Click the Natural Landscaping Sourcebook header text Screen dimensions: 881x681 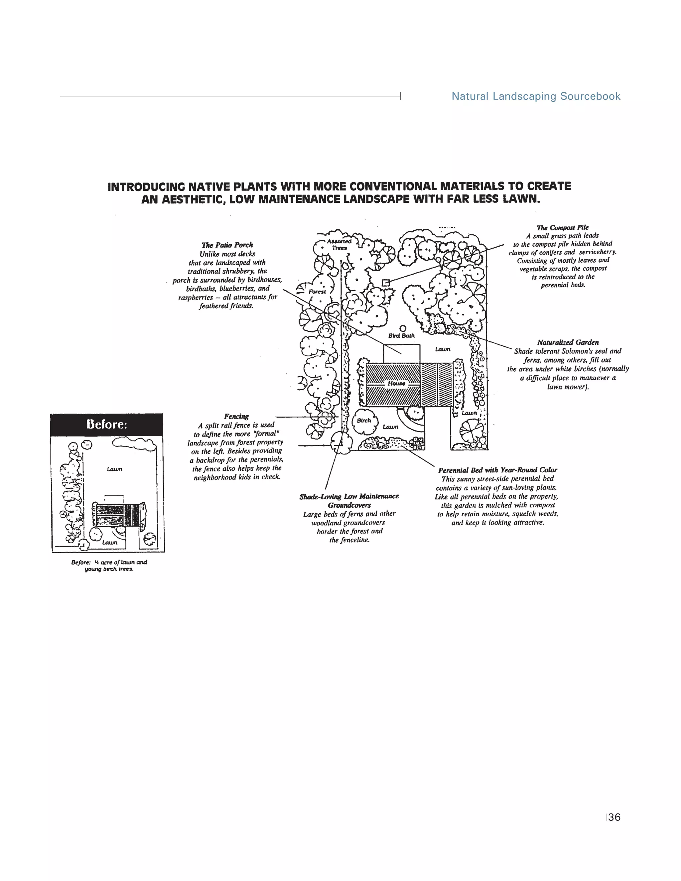(535, 96)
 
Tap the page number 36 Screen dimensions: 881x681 (614, 817)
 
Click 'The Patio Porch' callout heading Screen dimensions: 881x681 (227, 245)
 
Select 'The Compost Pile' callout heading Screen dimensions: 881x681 (562, 227)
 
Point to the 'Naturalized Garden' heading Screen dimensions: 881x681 (568, 342)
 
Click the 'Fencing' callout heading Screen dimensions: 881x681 (236, 416)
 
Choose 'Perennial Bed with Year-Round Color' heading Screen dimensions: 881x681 (497, 470)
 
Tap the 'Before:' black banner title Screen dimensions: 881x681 (106, 424)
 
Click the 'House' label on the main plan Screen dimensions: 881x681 (396, 383)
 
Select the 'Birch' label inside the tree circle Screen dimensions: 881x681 (364, 420)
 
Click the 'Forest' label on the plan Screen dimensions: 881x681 (317, 292)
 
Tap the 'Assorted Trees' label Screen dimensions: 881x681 (339, 244)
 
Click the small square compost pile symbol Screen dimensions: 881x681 (386, 283)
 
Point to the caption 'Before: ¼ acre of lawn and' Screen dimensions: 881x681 (109, 562)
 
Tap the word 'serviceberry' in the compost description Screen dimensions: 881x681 (598, 252)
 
